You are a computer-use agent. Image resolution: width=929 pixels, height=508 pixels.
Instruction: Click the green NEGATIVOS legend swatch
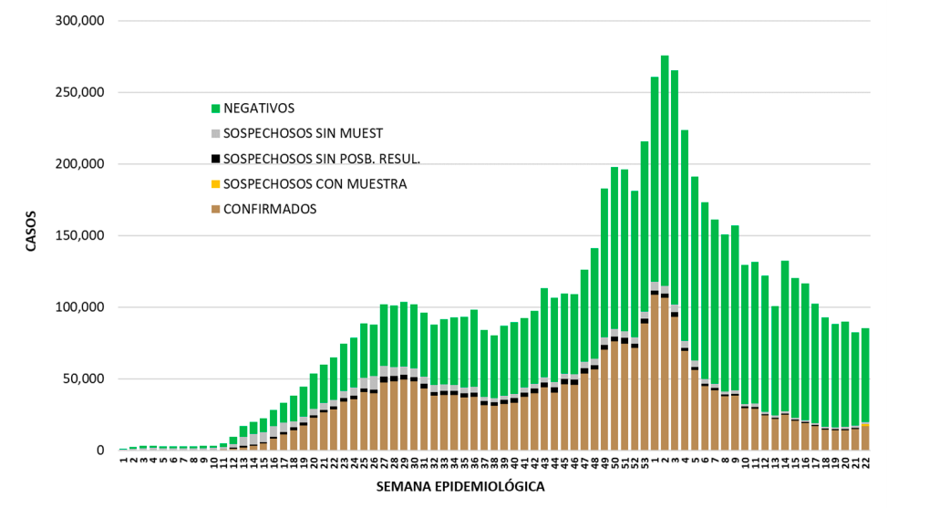coord(216,108)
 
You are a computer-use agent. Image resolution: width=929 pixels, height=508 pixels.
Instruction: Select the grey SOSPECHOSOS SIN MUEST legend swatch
coord(216,133)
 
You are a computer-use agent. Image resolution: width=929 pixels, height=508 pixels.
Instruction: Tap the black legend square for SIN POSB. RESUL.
coord(216,159)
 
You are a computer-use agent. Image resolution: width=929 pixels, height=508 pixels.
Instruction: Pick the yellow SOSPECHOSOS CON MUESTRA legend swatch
coord(216,184)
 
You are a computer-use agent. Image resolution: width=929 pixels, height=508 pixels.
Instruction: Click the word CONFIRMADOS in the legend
coord(270,209)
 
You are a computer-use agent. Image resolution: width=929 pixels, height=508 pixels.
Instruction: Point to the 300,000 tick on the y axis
coord(81,21)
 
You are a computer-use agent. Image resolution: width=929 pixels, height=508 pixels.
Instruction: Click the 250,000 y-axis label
coord(81,92)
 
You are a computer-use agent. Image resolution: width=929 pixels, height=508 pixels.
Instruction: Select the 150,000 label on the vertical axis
coord(81,235)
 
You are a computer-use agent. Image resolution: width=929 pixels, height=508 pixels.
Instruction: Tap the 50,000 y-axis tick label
coord(85,378)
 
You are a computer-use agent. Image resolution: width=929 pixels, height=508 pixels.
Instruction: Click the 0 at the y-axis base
coord(102,451)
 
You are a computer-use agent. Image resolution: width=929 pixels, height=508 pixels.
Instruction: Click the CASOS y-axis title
coord(31,234)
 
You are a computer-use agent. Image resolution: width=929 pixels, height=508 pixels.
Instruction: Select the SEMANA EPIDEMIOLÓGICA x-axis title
coord(460,487)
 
